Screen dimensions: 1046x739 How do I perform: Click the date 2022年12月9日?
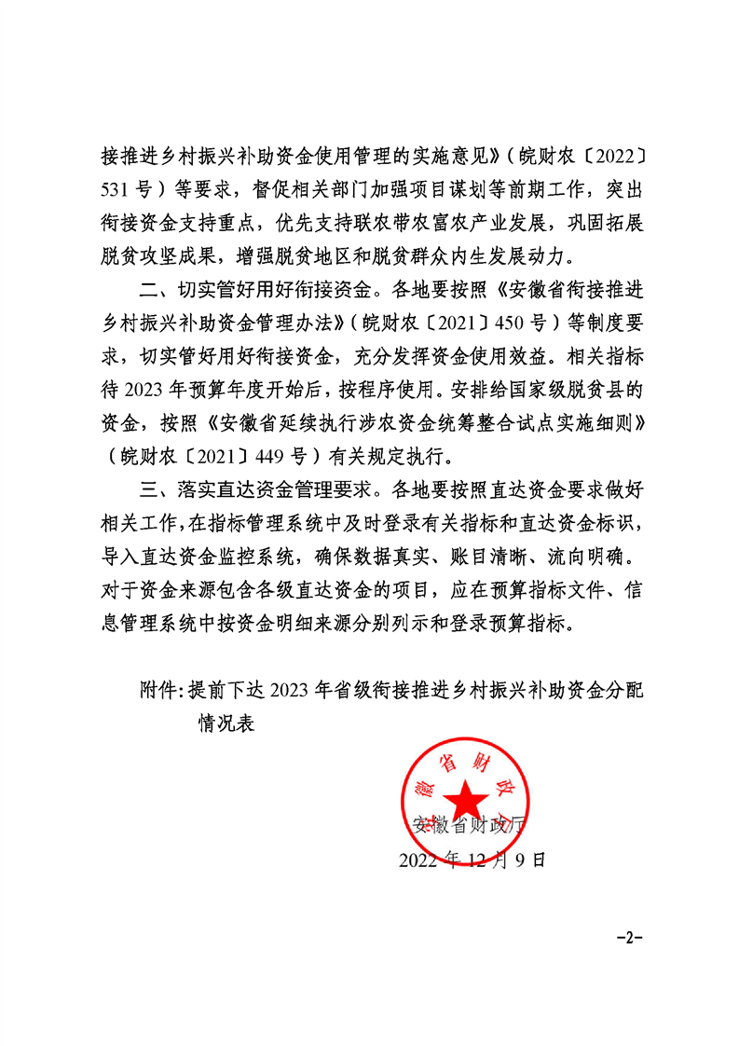471,859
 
